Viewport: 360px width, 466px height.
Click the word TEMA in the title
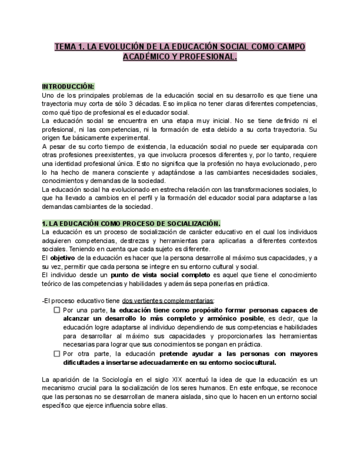[66, 47]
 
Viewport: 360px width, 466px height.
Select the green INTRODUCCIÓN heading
[68, 87]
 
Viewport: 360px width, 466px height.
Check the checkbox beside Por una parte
[57, 310]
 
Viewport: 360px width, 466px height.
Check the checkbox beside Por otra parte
[57, 354]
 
